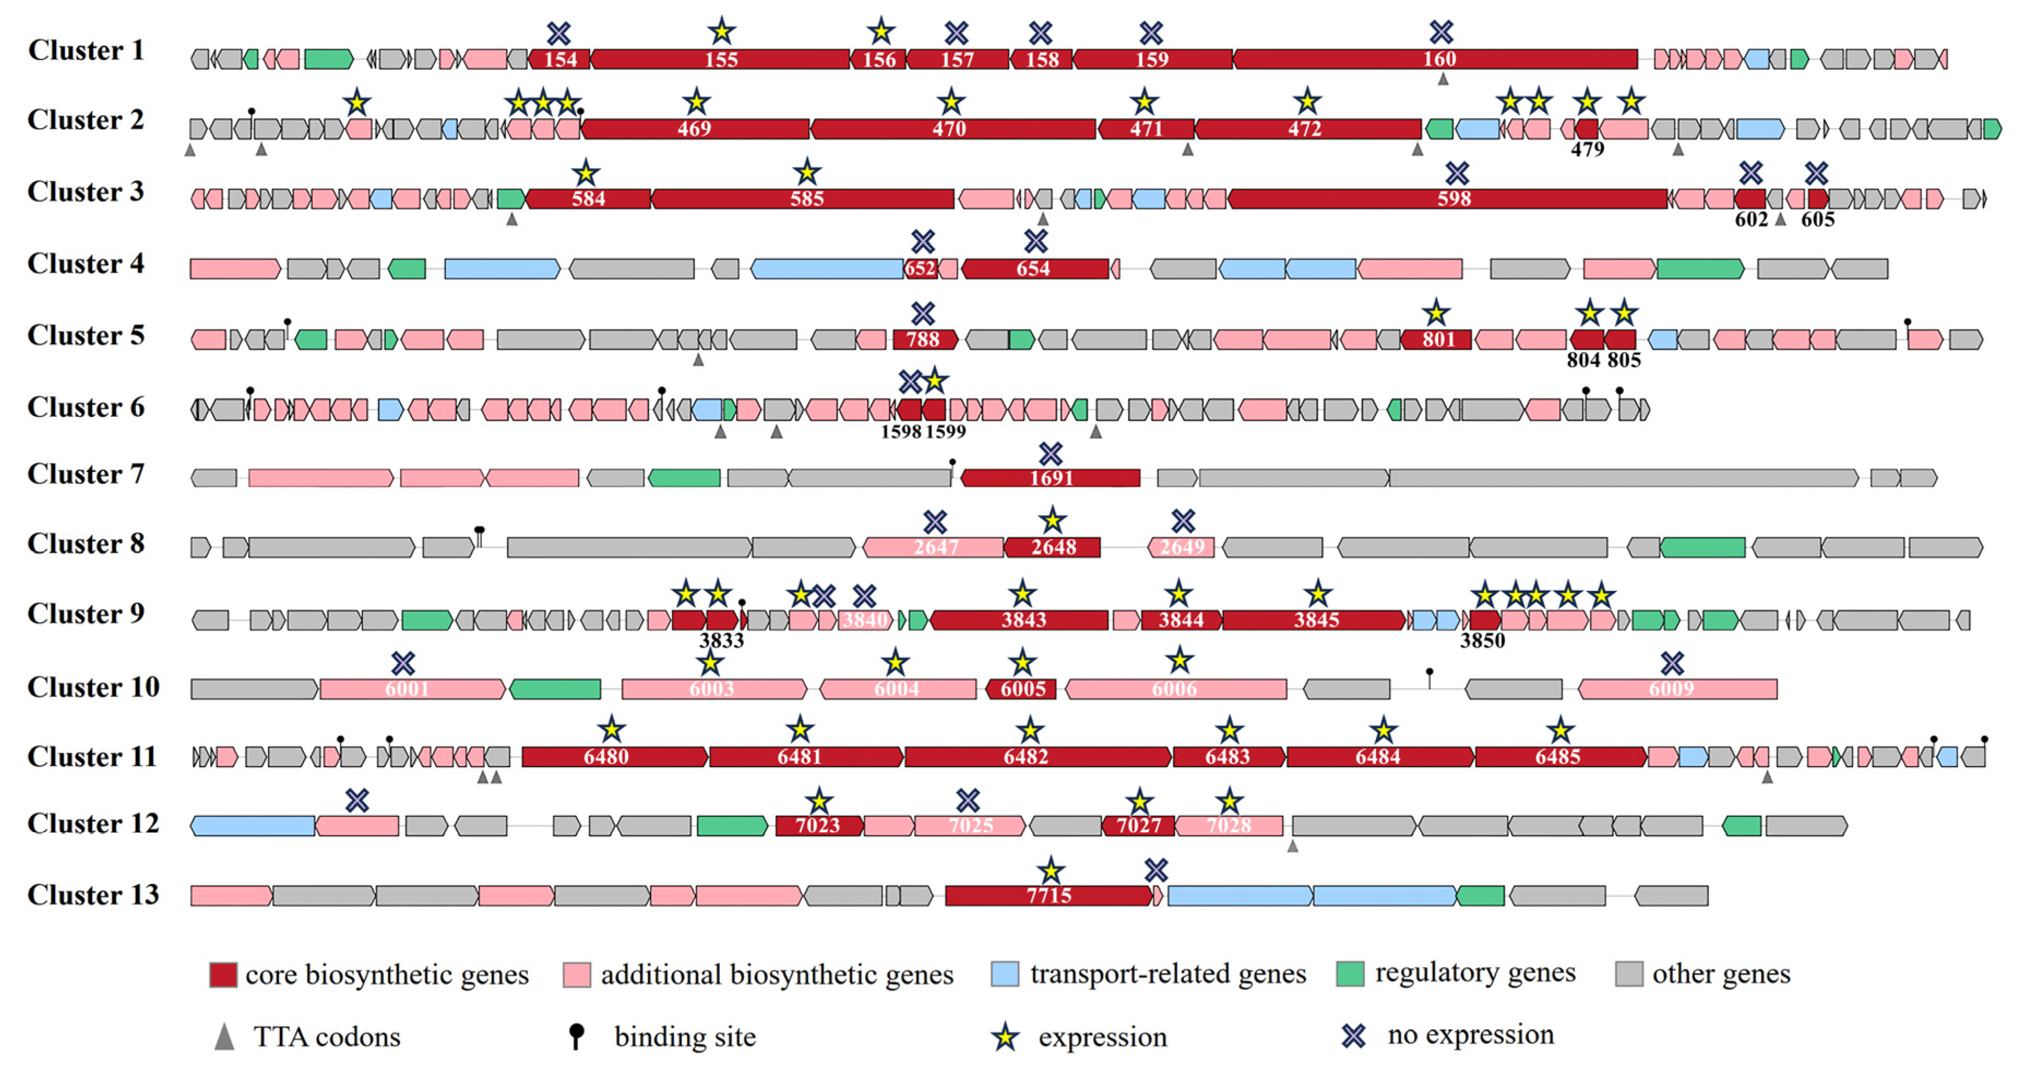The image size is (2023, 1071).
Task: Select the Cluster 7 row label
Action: point(86,474)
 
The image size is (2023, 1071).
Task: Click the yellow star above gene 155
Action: point(722,32)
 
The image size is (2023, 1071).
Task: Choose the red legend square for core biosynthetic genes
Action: point(223,974)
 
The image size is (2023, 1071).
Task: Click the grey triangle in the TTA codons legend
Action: point(224,1037)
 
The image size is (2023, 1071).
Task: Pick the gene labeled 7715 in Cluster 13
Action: point(1049,895)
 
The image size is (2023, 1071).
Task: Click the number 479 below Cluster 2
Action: point(1587,149)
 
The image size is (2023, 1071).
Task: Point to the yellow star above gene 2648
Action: point(1052,520)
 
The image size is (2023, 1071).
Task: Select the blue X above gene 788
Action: point(923,313)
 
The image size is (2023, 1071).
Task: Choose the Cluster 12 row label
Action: point(93,823)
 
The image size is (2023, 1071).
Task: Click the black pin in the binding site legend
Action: point(576,1035)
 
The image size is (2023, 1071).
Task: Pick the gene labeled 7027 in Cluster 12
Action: point(1138,825)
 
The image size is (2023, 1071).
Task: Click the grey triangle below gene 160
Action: point(1443,79)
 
